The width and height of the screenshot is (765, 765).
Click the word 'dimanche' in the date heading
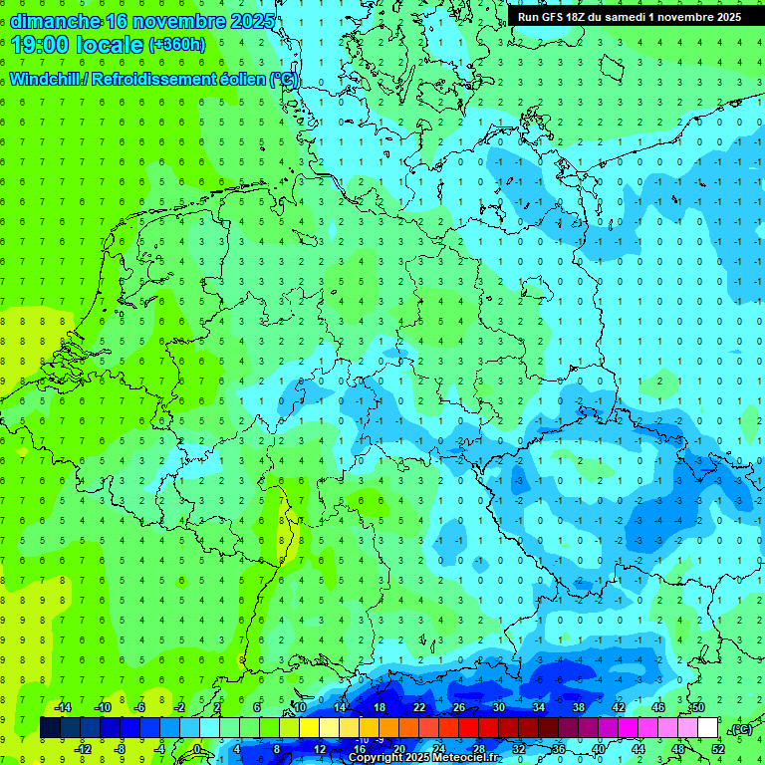[55, 21]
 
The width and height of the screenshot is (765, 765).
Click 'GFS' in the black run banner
[554, 17]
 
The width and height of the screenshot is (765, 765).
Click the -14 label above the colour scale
[64, 707]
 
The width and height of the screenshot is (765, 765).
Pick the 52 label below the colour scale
[718, 749]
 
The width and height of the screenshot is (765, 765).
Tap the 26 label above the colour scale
[459, 707]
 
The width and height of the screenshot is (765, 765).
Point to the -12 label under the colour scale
[84, 749]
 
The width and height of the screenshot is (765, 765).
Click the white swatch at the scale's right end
[707, 728]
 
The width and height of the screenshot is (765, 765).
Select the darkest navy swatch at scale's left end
[50, 728]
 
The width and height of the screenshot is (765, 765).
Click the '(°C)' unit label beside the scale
[740, 729]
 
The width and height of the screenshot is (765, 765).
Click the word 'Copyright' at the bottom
[374, 758]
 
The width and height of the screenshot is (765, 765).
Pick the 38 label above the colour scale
[579, 707]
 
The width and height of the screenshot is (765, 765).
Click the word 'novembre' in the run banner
[699, 17]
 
